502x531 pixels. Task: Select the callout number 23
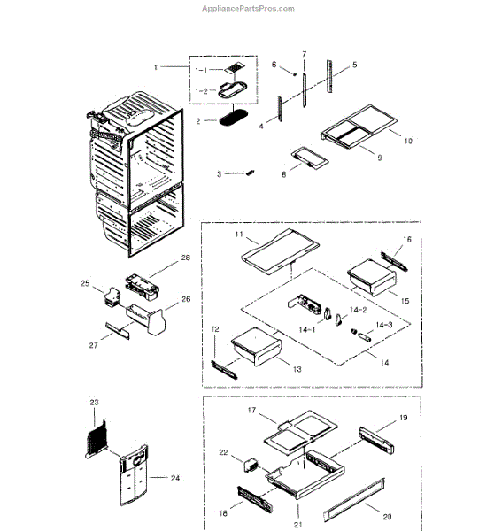(x=95, y=402)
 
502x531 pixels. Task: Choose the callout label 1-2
(x=202, y=90)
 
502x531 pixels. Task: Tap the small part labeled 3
(x=251, y=172)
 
